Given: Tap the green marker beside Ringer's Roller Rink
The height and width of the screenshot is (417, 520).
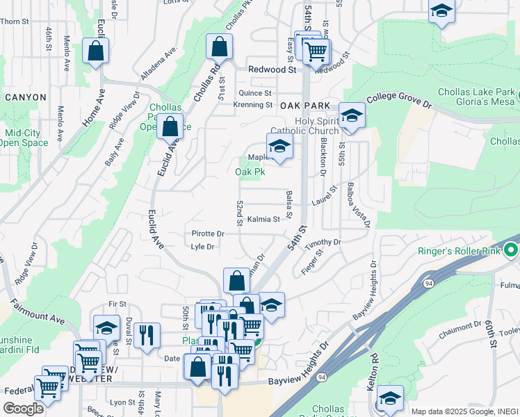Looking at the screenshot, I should click(512, 250).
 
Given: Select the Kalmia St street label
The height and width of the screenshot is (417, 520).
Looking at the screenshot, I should click(263, 219).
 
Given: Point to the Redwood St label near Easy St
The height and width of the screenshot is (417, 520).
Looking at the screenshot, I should click(273, 69).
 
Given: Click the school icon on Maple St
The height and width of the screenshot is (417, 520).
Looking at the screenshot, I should click(279, 147).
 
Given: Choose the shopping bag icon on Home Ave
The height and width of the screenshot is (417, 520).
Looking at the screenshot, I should click(95, 51).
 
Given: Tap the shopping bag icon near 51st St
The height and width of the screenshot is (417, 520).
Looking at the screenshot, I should click(219, 48).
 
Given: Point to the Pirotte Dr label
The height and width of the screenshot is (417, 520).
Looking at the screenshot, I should click(209, 234).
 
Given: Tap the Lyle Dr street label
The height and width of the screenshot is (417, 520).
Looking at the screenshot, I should click(202, 247).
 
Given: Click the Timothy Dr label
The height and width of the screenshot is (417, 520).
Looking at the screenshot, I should click(324, 243).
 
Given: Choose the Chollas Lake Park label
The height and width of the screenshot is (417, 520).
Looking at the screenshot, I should click(476, 92).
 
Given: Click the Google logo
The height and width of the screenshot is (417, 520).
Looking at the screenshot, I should click(23, 409).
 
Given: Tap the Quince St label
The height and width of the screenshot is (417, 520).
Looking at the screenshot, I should click(254, 92).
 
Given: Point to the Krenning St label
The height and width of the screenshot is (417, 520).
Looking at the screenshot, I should click(253, 105).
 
